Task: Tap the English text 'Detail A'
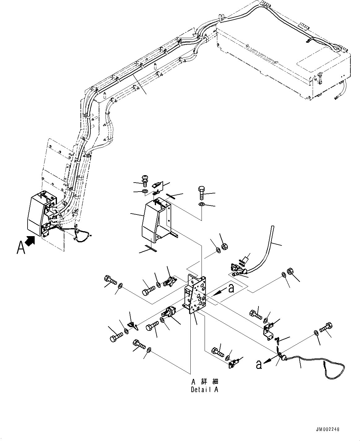204,390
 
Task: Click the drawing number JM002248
328,429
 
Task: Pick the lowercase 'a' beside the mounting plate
231,288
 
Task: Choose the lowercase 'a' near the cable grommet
258,365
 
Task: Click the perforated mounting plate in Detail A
195,292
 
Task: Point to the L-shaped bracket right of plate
268,331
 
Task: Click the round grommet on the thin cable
282,358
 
